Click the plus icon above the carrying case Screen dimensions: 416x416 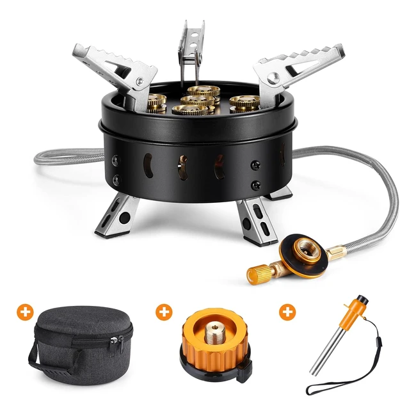point(26,312)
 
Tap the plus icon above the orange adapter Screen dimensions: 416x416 point(164,312)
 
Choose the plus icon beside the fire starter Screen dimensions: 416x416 point(287,312)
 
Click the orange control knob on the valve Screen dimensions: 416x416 point(259,273)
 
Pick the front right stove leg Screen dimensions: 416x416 point(256,221)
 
